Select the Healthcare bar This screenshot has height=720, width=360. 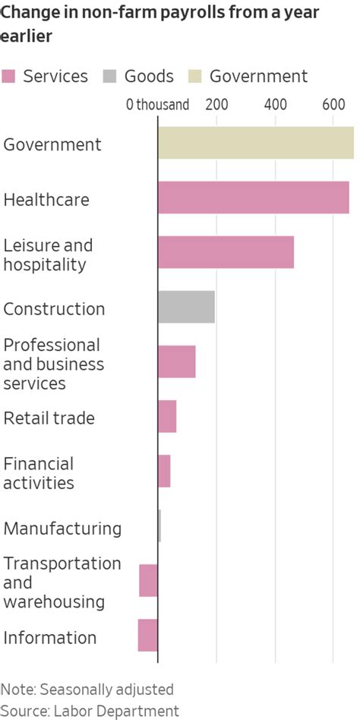click(x=253, y=197)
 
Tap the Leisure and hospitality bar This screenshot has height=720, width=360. click(x=226, y=252)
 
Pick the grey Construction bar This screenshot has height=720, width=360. click(x=186, y=307)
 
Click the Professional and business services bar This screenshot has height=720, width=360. click(x=176, y=362)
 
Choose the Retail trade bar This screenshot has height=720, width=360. click(x=167, y=416)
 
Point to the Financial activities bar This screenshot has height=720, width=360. click(x=164, y=471)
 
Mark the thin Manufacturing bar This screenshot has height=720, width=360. click(x=159, y=526)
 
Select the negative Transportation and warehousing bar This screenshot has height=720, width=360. click(x=148, y=580)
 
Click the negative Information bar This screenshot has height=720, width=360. click(x=147, y=635)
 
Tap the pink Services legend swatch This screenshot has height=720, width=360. click(x=9, y=77)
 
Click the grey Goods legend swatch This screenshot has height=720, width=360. click(x=110, y=77)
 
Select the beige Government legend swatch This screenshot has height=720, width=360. click(x=195, y=77)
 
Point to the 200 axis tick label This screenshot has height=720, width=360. click(x=216, y=105)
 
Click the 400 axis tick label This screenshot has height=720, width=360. click(x=275, y=105)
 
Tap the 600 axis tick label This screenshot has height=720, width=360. click(x=333, y=105)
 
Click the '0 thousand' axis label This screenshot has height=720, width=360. click(x=157, y=105)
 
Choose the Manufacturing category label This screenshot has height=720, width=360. click(x=62, y=528)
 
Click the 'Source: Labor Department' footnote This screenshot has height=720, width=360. click(x=90, y=711)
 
